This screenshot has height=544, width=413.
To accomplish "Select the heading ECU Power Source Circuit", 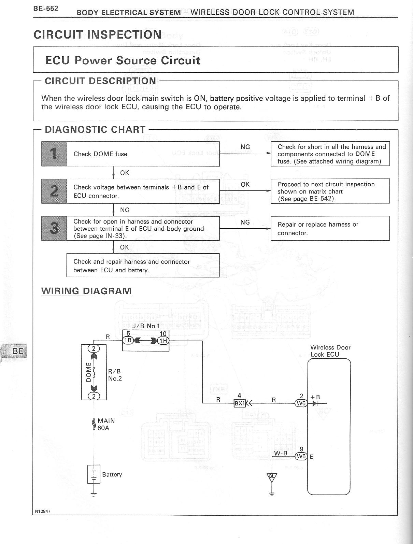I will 123,60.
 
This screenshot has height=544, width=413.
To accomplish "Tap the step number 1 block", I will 54,154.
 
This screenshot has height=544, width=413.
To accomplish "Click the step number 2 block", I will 54,191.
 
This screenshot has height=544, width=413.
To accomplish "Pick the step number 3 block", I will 54,228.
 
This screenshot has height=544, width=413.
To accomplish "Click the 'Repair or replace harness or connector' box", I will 330,228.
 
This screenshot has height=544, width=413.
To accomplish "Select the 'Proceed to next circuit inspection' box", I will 330,191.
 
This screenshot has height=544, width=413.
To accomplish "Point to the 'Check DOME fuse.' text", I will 101,154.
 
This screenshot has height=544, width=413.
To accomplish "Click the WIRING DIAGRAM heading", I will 86,291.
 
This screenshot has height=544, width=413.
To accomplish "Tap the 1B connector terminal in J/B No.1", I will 128,340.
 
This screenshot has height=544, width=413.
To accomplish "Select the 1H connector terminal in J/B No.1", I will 163,340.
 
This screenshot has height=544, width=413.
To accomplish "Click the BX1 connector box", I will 239,403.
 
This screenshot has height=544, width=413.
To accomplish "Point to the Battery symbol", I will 94,474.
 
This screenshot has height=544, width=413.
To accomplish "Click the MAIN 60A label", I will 106,424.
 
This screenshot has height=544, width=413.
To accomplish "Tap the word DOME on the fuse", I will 88,372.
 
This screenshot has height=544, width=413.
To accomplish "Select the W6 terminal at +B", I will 301,403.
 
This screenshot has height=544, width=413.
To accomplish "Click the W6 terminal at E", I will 301,456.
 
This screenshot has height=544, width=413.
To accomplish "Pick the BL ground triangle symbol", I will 272,477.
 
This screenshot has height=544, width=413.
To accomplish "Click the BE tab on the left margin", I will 17,351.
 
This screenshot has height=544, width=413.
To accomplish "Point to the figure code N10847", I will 43,511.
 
